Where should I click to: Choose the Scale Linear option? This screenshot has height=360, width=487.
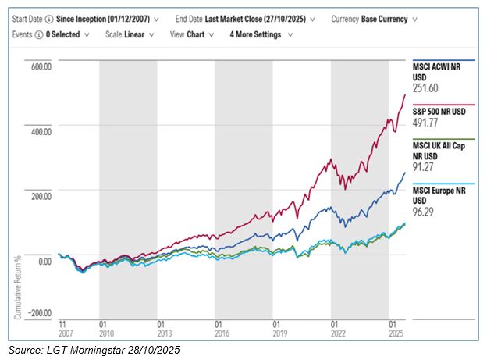pos(133,34)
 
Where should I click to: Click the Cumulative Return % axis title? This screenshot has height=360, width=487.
pos(17,286)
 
